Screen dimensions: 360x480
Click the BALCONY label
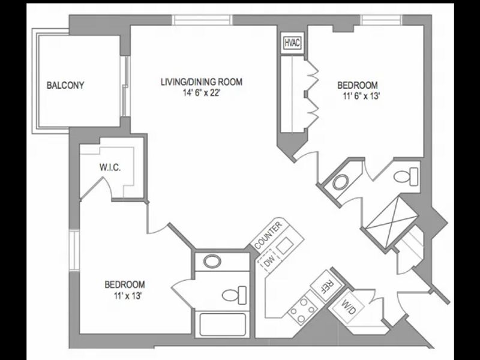(x=65, y=85)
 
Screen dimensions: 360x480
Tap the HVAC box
(x=292, y=43)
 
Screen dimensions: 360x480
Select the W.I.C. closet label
(x=110, y=167)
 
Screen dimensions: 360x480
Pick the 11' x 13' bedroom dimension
(x=125, y=296)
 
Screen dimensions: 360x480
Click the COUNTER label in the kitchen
(x=268, y=236)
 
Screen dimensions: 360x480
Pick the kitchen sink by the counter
(x=287, y=245)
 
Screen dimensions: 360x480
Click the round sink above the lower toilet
(x=211, y=261)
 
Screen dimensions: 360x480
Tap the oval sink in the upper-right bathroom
(x=340, y=181)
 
